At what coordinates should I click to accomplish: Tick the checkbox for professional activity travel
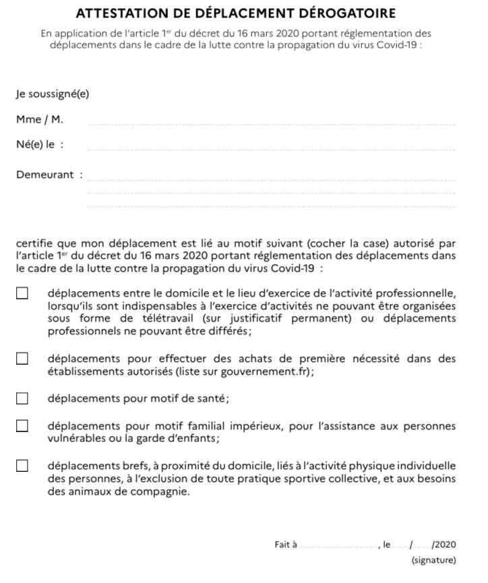(22, 293)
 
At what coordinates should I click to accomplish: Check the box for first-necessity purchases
(22, 359)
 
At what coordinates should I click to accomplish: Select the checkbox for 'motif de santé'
(22, 398)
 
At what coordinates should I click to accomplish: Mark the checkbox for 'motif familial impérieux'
(22, 426)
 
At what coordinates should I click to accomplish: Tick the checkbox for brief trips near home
(22, 466)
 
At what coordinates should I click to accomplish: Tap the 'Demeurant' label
(44, 175)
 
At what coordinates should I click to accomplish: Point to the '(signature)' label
(433, 559)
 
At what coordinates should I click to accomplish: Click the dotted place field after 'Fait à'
(339, 546)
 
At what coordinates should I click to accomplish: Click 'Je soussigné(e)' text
(52, 94)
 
